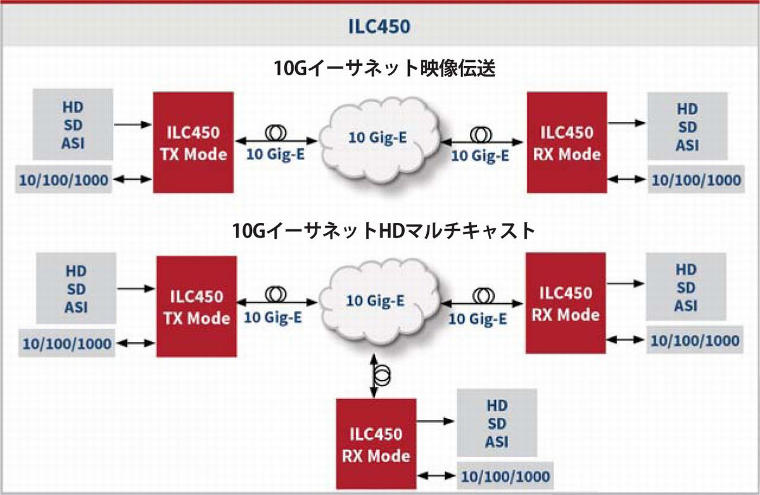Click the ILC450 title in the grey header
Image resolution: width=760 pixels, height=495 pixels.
pyautogui.click(x=379, y=27)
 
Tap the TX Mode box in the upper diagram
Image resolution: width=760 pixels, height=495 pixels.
pyautogui.click(x=193, y=142)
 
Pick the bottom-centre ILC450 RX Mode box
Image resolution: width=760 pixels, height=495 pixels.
pyautogui.click(x=376, y=444)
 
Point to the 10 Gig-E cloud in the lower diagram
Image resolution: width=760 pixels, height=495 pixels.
pyautogui.click(x=377, y=301)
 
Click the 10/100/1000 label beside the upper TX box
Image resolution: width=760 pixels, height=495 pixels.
pyautogui.click(x=62, y=180)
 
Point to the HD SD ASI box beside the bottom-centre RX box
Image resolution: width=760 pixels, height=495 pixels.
pyautogui.click(x=497, y=423)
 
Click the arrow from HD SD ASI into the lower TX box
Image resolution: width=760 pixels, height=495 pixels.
pyautogui.click(x=136, y=288)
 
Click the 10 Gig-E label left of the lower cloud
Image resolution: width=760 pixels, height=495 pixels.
pyautogui.click(x=273, y=317)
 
